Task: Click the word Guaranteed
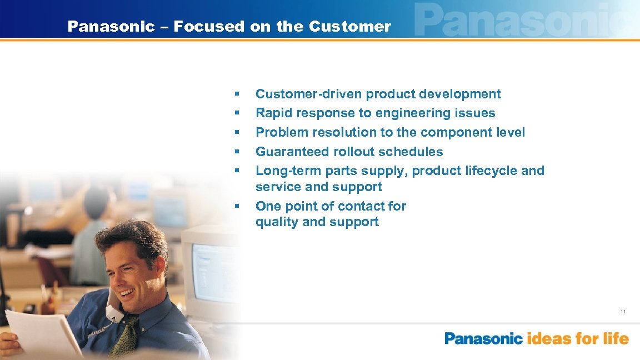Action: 292,152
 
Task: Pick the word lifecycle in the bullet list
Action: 491,171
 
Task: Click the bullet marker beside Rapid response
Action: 237,113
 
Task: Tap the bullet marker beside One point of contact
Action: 237,206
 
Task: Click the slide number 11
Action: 623,312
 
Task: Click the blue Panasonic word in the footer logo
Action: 483,338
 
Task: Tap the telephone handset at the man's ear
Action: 113,306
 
